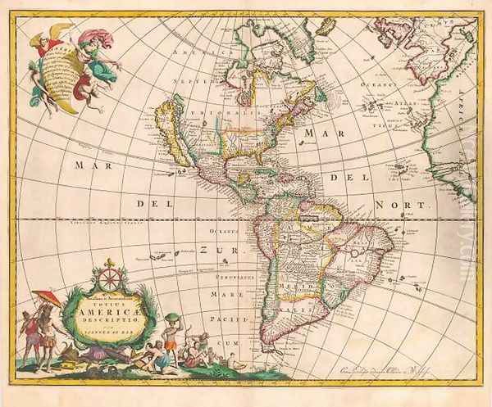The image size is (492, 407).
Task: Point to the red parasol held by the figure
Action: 47,298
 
